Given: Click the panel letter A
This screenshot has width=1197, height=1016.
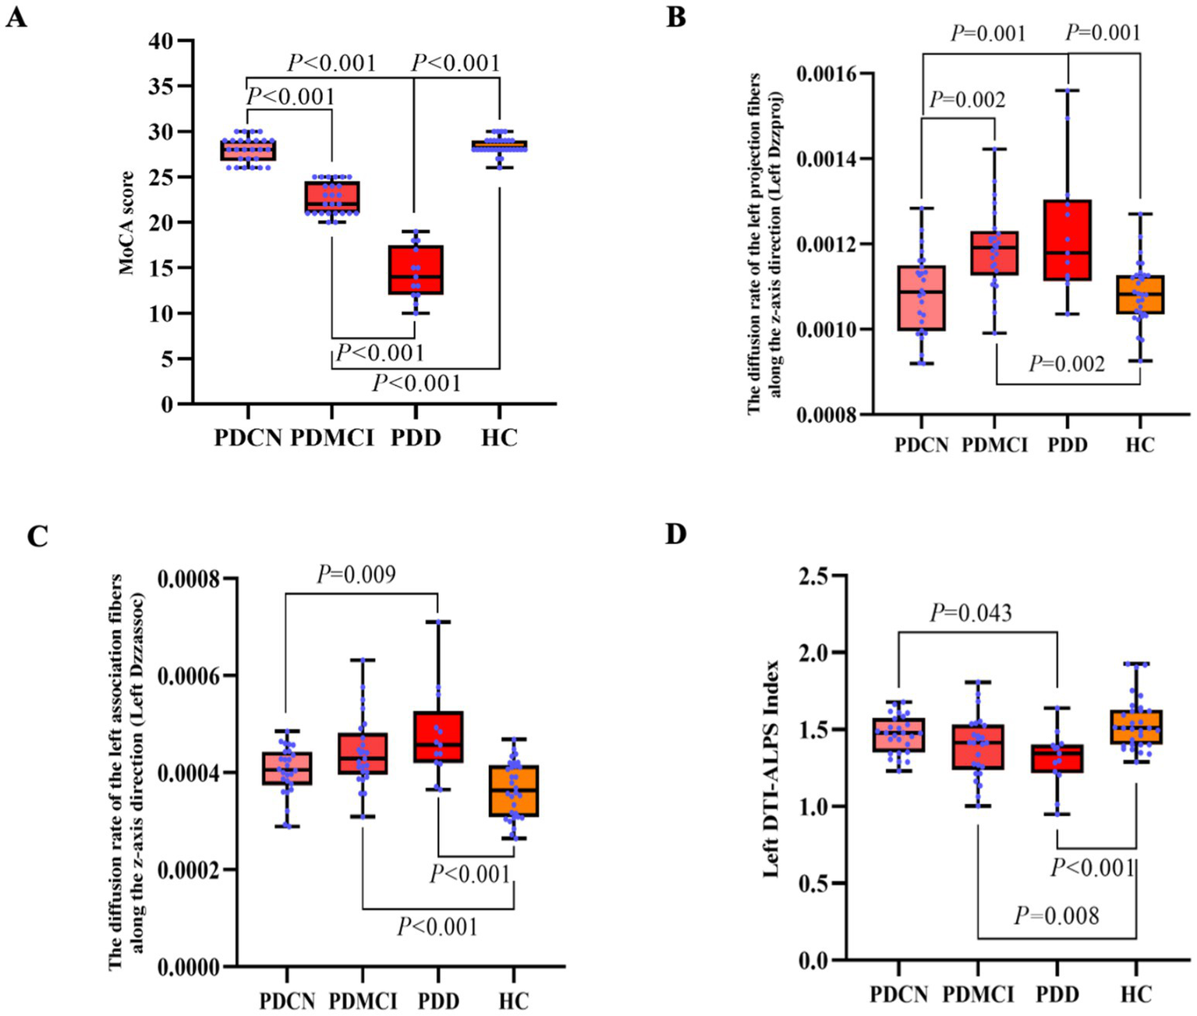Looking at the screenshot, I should click(16, 16).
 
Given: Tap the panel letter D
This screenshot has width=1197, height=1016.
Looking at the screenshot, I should click(676, 534).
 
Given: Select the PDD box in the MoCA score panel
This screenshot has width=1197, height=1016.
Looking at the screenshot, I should click(416, 270).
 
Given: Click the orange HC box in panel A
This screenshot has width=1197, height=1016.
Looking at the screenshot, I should click(499, 145).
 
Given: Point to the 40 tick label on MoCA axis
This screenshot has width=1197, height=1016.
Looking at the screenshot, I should click(161, 41).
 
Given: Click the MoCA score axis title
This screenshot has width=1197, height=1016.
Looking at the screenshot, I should click(126, 223).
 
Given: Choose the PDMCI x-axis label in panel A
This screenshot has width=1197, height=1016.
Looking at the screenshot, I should click(333, 437).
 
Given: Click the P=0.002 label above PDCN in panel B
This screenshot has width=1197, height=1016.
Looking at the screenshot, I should click(967, 100).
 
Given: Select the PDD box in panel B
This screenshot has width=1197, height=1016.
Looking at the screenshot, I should click(1068, 239).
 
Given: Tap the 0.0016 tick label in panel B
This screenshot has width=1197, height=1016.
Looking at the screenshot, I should click(826, 74).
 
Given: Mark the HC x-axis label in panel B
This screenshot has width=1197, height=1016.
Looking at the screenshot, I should click(1139, 445).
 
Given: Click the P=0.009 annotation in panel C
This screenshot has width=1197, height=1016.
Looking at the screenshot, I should click(356, 575).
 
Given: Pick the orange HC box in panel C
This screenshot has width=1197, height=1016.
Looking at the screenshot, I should click(513, 791).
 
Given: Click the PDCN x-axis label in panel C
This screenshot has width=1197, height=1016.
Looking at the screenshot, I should click(287, 1000).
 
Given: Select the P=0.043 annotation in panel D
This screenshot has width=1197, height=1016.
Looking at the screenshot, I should click(971, 614).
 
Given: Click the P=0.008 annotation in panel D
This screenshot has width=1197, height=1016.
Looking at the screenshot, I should click(1056, 915).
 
